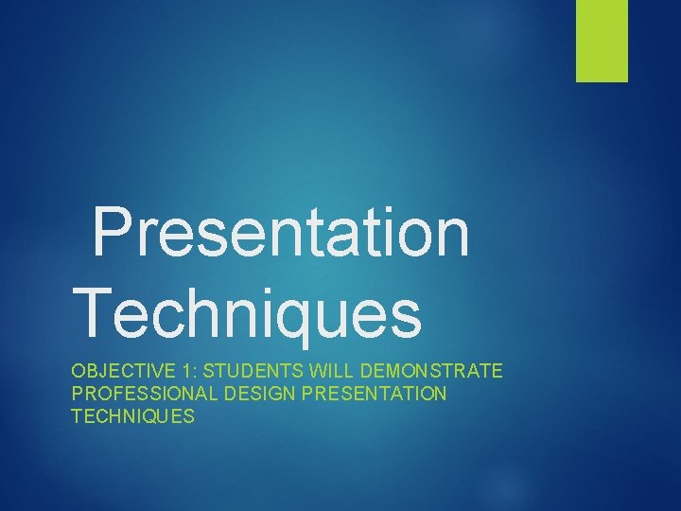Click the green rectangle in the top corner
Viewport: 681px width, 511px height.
[x=602, y=41]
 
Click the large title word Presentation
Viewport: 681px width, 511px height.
[x=281, y=234]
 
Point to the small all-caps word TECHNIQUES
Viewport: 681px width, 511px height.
[x=132, y=415]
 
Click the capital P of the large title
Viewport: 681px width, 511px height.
[x=112, y=234]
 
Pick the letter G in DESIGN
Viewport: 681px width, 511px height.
[x=271, y=393]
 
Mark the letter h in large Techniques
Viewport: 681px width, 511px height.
[x=189, y=311]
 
